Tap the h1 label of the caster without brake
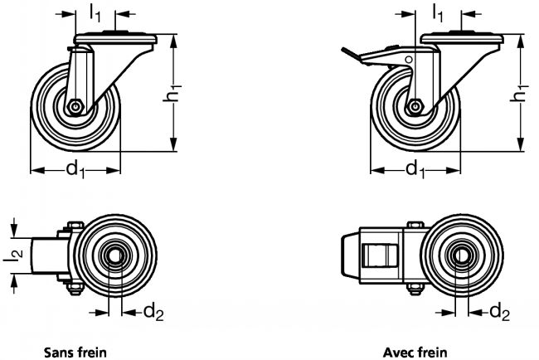[172, 98]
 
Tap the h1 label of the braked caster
[521, 96]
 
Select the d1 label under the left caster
[75, 170]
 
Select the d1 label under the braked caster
[415, 170]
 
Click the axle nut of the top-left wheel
[75, 106]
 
